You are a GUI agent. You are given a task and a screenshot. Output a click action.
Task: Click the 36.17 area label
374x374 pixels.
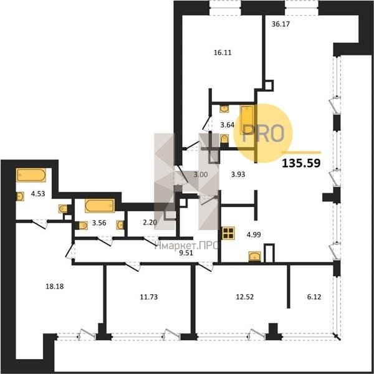click(x=280, y=24)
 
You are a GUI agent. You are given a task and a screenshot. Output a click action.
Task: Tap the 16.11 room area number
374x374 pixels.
click(x=223, y=52)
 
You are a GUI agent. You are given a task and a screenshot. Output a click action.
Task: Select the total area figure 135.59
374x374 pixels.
click(x=301, y=163)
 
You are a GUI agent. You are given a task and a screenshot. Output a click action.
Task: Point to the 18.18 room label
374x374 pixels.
click(x=55, y=286)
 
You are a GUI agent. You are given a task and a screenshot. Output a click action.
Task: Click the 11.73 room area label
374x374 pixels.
click(x=148, y=297)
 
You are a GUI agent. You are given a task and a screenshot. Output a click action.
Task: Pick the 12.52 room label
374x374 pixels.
click(x=245, y=297)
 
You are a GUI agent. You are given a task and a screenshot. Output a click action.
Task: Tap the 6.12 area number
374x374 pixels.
click(x=314, y=297)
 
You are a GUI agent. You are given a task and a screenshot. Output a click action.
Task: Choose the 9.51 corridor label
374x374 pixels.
click(x=186, y=253)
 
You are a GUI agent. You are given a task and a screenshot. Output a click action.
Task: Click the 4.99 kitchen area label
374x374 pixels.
click(x=254, y=235)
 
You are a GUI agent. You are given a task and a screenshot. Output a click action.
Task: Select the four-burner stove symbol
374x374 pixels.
click(x=228, y=233)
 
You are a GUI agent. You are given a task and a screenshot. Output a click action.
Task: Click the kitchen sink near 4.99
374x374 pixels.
click(x=255, y=257)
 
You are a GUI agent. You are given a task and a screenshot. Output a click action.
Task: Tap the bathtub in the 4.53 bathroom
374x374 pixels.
click(x=31, y=175)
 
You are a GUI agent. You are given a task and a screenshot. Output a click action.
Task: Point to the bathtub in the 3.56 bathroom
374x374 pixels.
click(x=100, y=206)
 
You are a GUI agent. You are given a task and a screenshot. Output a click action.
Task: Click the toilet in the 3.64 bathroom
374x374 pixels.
click(x=224, y=139)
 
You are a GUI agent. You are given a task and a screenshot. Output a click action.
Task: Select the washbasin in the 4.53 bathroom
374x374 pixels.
click(x=20, y=196)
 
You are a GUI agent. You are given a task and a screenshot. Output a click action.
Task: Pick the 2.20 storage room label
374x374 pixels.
click(x=150, y=223)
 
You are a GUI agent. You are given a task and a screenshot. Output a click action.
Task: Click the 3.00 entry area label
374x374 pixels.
click(x=200, y=175)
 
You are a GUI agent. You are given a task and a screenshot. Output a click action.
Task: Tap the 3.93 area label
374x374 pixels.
click(x=238, y=175)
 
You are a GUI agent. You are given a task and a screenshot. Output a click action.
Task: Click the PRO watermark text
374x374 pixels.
click(x=263, y=133)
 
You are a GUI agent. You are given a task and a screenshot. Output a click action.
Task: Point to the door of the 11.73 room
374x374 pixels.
click(x=133, y=266)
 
